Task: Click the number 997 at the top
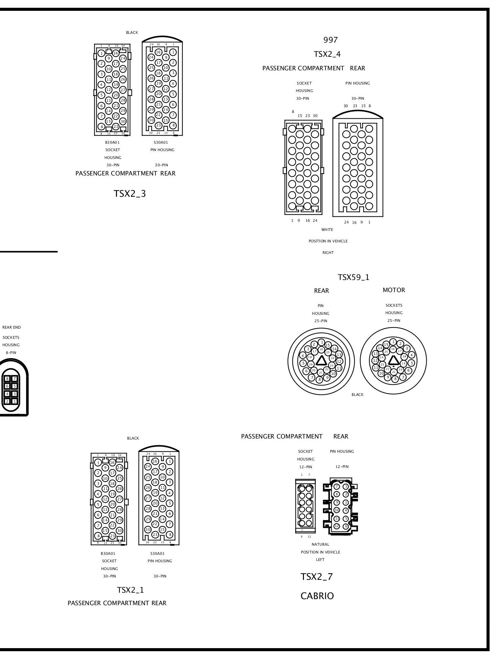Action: pos(330,40)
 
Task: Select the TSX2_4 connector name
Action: pos(327,54)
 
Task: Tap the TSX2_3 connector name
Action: pos(129,194)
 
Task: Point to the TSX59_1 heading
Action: pos(353,277)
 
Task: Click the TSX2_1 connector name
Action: pos(130,590)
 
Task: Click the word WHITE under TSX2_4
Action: pos(327,230)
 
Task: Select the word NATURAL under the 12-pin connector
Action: pos(320,544)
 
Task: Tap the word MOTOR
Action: pos(394,290)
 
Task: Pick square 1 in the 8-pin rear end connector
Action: pos(15,401)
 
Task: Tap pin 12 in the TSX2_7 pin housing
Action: pos(337,526)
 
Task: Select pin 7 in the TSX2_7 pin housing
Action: pos(337,487)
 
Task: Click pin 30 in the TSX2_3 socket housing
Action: pos(123,121)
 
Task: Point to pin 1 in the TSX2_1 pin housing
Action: pos(169,461)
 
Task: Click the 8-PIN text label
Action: pos(11,353)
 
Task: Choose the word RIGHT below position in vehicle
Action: pos(328,253)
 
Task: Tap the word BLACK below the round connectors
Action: pos(357,395)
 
